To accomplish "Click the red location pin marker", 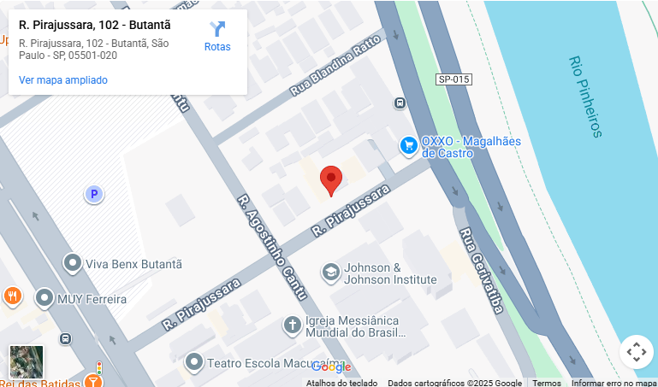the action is (x=331, y=180).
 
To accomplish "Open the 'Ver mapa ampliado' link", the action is (x=63, y=80).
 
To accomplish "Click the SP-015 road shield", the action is (x=453, y=79).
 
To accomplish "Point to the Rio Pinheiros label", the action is (x=585, y=97).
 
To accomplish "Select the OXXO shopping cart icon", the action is (x=409, y=146).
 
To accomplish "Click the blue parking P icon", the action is (x=93, y=195).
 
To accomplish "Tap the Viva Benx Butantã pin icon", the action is (x=73, y=264).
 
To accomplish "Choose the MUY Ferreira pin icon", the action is (x=44, y=298).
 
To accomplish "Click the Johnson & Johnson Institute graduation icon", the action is (x=329, y=273).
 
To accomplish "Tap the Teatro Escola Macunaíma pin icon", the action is (x=194, y=362).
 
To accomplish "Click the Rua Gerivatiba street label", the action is (x=481, y=269).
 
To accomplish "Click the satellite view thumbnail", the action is (x=27, y=361).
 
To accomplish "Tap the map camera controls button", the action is (x=636, y=352).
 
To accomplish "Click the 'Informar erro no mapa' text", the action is (x=614, y=383).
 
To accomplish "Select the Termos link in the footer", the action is (x=547, y=383).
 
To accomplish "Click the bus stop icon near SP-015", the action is (x=400, y=103).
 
